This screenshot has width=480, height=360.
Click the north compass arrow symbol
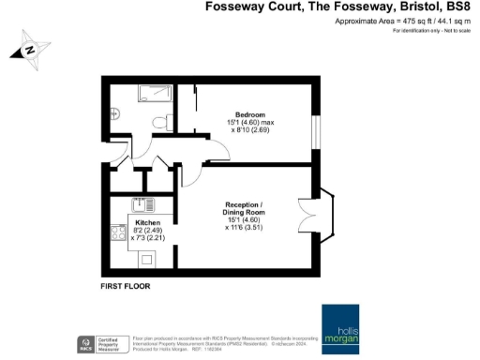29,48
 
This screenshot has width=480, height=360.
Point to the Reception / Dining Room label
249,208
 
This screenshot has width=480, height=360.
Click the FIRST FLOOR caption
125,285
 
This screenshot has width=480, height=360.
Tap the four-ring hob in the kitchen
119,232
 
